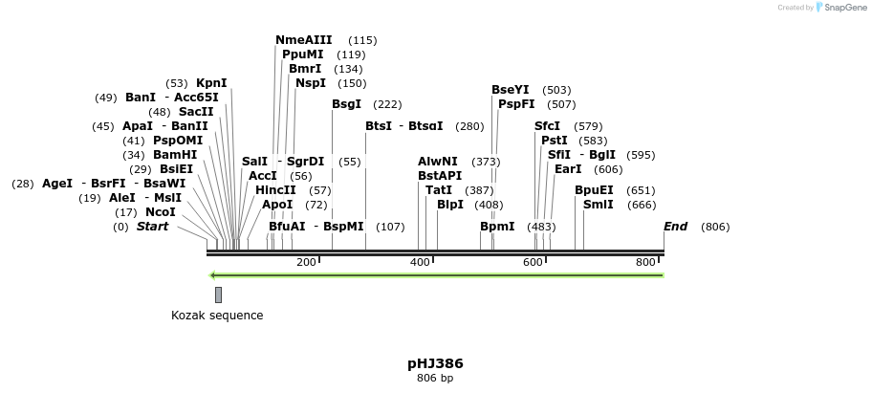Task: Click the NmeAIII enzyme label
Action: click(303, 40)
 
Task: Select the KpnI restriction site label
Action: click(211, 83)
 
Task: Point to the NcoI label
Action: click(160, 212)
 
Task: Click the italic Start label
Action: click(152, 227)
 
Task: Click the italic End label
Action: click(675, 227)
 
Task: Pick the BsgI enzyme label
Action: click(346, 104)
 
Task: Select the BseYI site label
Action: click(510, 90)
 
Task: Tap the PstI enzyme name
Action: click(554, 141)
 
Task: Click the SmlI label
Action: click(598, 205)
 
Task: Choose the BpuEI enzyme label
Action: click(594, 190)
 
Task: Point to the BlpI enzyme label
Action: click(449, 205)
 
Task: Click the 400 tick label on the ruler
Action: click(420, 263)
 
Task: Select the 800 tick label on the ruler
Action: click(645, 263)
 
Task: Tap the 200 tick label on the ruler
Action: click(306, 263)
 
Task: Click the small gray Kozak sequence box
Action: click(218, 295)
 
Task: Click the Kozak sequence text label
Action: click(217, 316)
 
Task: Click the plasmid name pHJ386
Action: click(435, 363)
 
